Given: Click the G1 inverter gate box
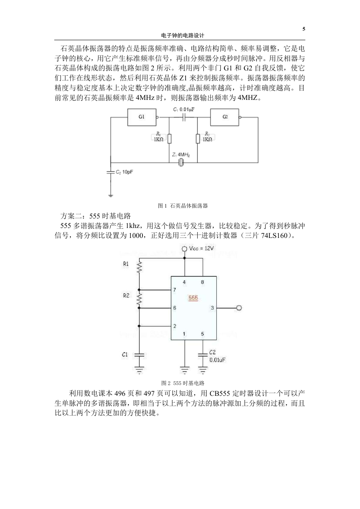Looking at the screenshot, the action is (142, 117).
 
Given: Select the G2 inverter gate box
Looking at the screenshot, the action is (225, 117).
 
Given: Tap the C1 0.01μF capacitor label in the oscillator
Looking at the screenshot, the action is (184, 109).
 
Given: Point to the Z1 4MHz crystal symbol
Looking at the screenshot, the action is (181, 162).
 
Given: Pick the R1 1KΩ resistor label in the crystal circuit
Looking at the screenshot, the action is (159, 137).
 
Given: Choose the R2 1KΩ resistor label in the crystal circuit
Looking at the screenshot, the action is (208, 137).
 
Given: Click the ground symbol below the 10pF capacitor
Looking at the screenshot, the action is (111, 195).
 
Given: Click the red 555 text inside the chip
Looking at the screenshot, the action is (193, 298).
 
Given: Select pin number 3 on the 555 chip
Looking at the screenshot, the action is (213, 308).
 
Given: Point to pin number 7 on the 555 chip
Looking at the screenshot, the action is (174, 290).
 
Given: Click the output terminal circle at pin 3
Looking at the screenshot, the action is (239, 308).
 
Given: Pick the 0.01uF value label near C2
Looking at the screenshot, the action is (217, 360).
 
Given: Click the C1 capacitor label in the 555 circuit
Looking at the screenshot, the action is (125, 354).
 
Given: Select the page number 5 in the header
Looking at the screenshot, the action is (304, 29).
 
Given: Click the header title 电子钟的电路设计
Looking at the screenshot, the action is (183, 36).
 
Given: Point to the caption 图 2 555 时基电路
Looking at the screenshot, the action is (183, 383).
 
